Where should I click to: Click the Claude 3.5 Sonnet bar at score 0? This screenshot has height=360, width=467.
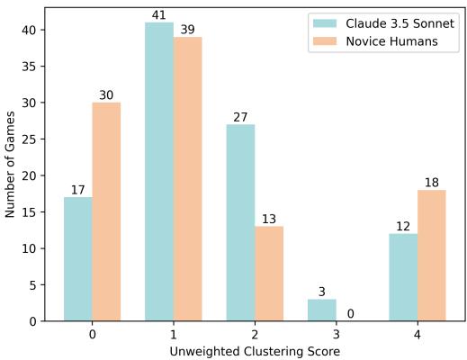(x=78, y=259)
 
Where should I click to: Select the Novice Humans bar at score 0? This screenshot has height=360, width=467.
(x=106, y=211)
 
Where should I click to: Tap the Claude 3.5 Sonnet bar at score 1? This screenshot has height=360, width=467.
(x=159, y=172)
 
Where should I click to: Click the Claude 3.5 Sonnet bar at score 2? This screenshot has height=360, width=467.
(x=240, y=222)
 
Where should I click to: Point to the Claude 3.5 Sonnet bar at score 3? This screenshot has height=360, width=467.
(x=321, y=310)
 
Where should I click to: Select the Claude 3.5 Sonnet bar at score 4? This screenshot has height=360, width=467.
(x=403, y=277)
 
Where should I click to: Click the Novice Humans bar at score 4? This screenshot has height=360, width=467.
(x=431, y=256)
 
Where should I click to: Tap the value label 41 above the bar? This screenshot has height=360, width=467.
(x=159, y=15)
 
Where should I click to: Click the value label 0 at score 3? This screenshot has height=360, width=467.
(x=350, y=314)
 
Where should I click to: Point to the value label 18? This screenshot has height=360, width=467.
(x=431, y=184)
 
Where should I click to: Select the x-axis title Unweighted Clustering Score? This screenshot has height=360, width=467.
(x=255, y=350)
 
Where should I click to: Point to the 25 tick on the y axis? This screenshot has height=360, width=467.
(x=31, y=139)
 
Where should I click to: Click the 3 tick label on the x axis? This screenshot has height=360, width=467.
(x=336, y=333)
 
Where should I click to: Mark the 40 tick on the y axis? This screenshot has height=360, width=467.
(x=31, y=30)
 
